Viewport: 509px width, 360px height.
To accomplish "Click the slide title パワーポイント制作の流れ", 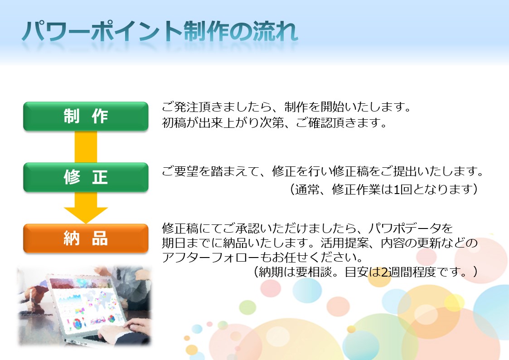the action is tap(160, 31).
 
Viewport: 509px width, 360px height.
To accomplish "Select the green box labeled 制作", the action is tap(86, 116).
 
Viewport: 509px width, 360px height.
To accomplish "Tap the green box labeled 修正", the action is tap(86, 177).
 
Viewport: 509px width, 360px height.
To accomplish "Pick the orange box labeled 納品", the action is tap(86, 238).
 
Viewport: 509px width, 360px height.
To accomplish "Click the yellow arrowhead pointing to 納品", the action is tap(86, 215).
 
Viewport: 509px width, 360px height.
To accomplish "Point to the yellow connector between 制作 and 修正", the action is tap(86, 147).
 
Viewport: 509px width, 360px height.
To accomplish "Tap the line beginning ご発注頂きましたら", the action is tap(286, 107).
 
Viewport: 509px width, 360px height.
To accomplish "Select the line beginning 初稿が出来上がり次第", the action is tap(274, 123).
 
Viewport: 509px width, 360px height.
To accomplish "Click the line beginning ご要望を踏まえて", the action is tap(323, 171).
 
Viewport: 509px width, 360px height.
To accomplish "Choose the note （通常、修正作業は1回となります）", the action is tap(383, 189).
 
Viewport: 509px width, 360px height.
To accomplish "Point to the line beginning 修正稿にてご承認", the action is tap(307, 228).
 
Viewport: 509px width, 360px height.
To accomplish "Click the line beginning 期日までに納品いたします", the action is tap(320, 243).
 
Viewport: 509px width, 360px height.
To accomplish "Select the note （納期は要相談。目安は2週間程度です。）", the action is tap(365, 272).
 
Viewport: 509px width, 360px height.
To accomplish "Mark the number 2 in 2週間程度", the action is tap(384, 272).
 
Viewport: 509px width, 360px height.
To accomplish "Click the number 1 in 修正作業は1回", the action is tap(396, 189).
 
